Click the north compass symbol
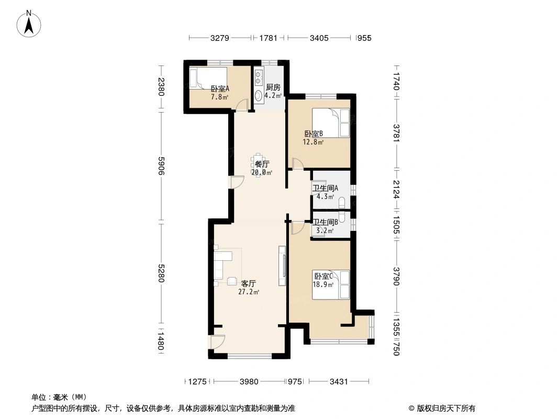click(30, 24)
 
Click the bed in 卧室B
click(331, 123)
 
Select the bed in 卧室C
click(331, 285)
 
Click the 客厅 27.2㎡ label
click(249, 288)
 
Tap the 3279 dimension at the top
click(220, 38)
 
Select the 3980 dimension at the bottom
click(250, 382)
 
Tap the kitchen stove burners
click(258, 79)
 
